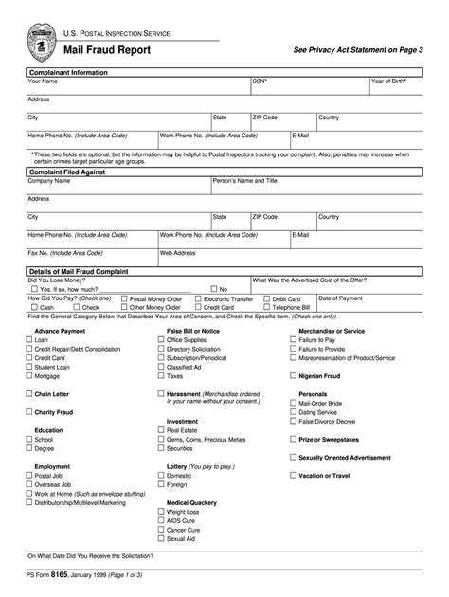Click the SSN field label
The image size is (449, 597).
click(259, 81)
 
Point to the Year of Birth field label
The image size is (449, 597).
click(388, 81)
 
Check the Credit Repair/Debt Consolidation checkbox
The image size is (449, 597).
click(28, 349)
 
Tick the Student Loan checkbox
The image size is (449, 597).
click(28, 367)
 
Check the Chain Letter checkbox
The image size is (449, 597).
click(28, 393)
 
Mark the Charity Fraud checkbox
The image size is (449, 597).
click(28, 412)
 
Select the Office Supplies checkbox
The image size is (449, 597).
click(161, 339)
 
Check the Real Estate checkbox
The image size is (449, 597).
click(161, 430)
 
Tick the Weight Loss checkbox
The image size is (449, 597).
click(161, 512)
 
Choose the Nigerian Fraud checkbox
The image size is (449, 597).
click(293, 376)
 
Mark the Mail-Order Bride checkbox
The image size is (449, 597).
click(293, 403)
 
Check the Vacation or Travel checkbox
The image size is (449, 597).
click(293, 476)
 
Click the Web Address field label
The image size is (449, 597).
click(179, 253)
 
